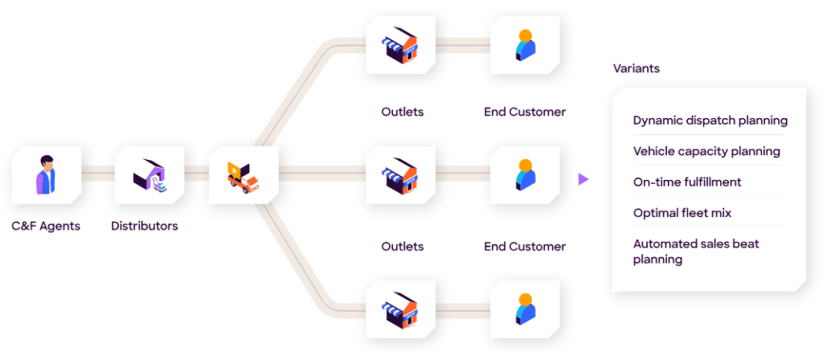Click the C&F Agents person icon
(x=46, y=174)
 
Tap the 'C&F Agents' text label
(x=46, y=226)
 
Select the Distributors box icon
(x=149, y=174)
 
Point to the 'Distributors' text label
(x=145, y=226)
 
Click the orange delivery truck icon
(x=243, y=174)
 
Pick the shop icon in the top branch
(x=400, y=45)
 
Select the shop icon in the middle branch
(x=400, y=174)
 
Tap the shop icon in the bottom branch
(x=400, y=309)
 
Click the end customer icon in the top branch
(x=525, y=45)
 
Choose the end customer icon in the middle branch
(x=525, y=174)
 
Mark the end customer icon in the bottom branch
(x=525, y=309)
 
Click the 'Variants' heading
(x=636, y=68)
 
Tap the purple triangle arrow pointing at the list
(x=583, y=179)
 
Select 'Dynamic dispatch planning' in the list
(x=710, y=121)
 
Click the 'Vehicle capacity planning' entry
(x=706, y=151)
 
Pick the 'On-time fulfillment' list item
(x=687, y=182)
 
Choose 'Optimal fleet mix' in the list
(x=682, y=213)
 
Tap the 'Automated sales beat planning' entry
(x=695, y=251)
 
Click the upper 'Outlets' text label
(x=402, y=112)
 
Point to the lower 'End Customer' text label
(x=525, y=247)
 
